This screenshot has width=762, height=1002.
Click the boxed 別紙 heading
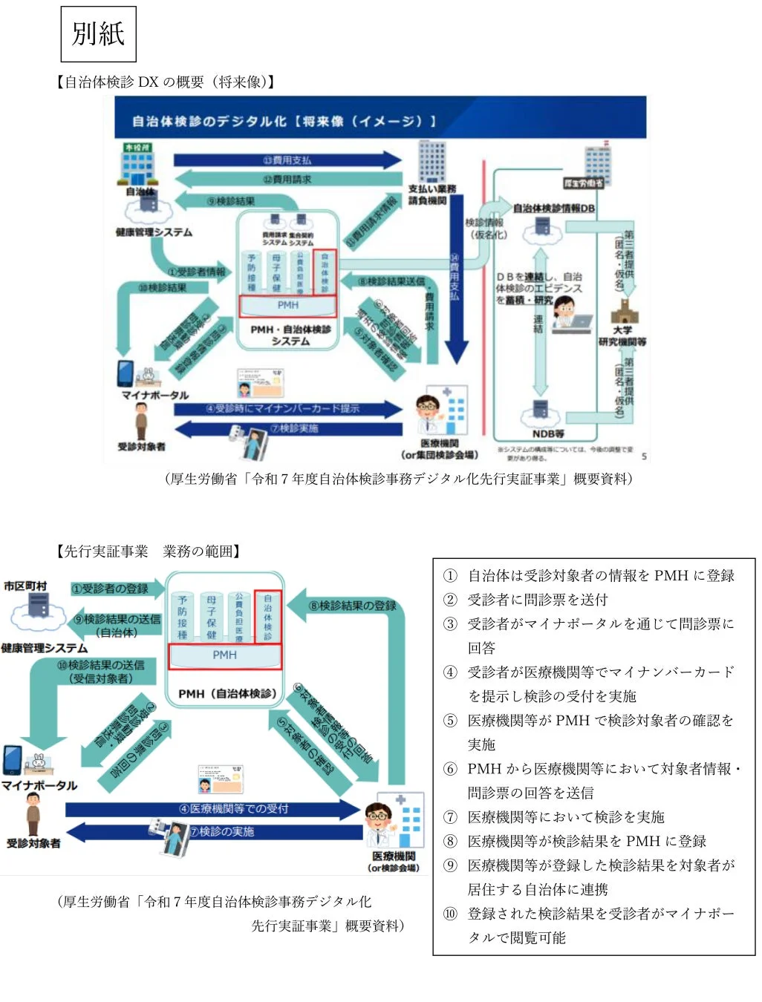[x=98, y=34]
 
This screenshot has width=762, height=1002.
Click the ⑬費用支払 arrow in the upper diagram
[x=287, y=160]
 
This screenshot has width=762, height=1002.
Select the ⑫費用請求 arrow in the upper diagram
[x=287, y=180]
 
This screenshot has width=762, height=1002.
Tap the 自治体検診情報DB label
[x=553, y=209]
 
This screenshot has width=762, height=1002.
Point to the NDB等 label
[x=548, y=433]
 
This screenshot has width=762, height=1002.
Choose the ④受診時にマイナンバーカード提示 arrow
[x=282, y=409]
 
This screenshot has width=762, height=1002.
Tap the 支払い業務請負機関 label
[x=432, y=194]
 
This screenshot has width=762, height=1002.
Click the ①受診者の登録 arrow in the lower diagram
[x=110, y=589]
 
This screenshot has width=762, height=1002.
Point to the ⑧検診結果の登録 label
[x=353, y=606]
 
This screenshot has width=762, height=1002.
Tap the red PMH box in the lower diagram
[x=224, y=655]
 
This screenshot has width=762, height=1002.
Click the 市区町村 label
[x=25, y=586]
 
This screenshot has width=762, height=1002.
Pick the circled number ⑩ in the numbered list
[x=450, y=914]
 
